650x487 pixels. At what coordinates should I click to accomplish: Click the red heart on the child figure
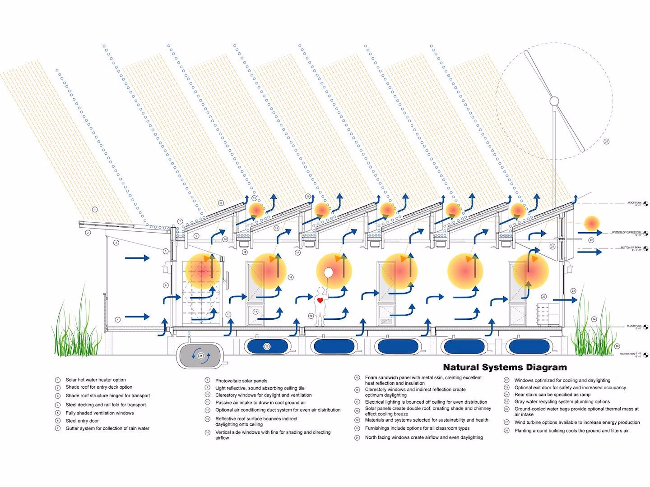(x=320, y=300)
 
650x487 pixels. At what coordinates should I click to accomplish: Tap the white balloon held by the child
(x=328, y=273)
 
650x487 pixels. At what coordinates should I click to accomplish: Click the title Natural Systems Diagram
(x=505, y=367)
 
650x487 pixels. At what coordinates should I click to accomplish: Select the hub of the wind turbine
(x=554, y=101)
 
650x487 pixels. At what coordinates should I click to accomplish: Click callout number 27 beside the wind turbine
(x=606, y=142)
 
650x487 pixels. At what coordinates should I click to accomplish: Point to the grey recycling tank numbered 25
(x=201, y=355)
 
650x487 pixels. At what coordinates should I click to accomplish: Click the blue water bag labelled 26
(x=267, y=346)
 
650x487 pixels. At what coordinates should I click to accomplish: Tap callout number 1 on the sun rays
(x=95, y=209)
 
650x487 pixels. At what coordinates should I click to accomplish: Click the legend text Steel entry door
(x=82, y=421)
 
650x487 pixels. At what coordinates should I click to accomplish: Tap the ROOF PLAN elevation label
(x=634, y=203)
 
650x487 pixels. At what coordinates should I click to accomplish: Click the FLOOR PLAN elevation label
(x=634, y=326)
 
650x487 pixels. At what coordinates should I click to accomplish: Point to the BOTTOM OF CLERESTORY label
(x=627, y=232)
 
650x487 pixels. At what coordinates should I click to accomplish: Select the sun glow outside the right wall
(x=591, y=223)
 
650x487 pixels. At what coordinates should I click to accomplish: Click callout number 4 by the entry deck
(x=117, y=320)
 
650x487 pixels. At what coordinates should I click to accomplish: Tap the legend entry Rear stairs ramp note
(x=552, y=395)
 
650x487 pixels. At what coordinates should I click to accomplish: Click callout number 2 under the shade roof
(x=88, y=233)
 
